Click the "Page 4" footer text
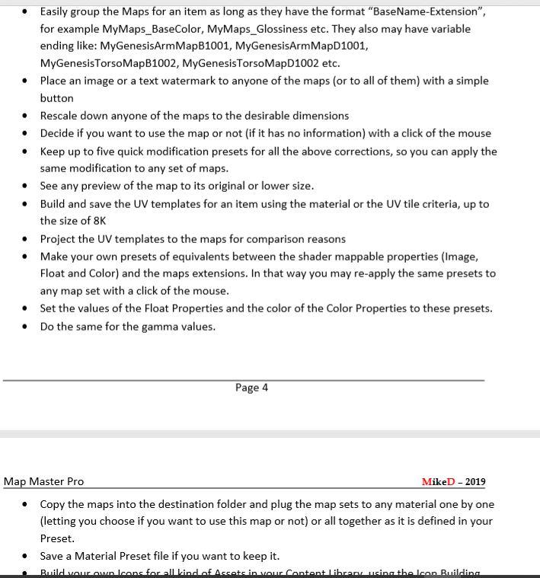251,388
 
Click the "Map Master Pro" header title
44,481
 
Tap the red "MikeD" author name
438,482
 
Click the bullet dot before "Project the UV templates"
27,239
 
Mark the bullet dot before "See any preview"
27,186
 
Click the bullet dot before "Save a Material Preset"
27,556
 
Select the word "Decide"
59,133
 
